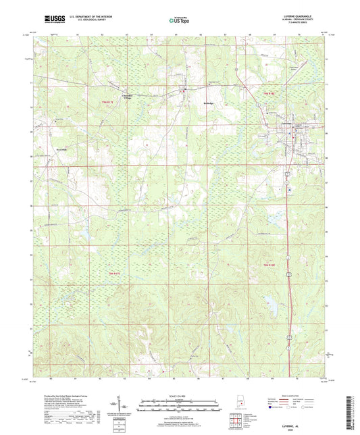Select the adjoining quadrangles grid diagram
tap(234, 421)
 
